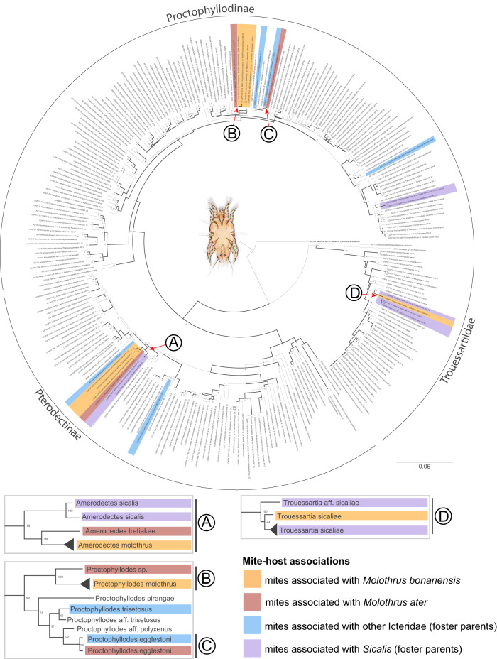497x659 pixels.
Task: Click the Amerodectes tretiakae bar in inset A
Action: click(131, 531)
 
